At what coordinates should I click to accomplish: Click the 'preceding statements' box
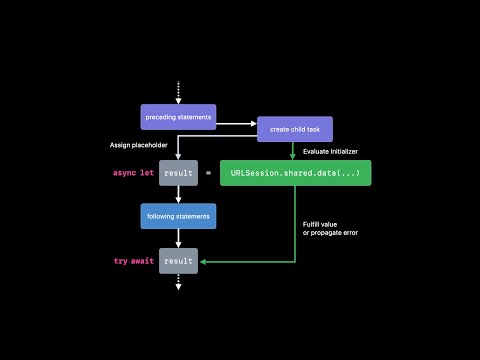[x=178, y=117]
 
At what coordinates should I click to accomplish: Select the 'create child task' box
[x=294, y=129]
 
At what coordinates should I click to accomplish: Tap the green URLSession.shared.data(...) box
[x=295, y=173]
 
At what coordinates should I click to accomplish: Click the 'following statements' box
[x=178, y=215]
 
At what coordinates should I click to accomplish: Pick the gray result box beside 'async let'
[x=178, y=173]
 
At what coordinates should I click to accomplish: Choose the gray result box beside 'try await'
[x=178, y=261]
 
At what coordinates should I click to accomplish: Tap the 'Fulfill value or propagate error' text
[x=329, y=227]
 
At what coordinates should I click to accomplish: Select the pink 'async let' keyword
[x=133, y=173]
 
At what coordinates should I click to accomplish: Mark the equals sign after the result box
[x=208, y=173]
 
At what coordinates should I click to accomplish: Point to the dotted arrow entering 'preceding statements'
[x=178, y=92]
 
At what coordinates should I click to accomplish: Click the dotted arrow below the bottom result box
[x=178, y=283]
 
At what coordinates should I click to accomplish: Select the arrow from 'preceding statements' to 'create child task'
[x=237, y=124]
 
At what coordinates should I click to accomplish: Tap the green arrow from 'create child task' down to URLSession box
[x=294, y=150]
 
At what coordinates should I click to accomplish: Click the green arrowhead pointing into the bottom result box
[x=203, y=261]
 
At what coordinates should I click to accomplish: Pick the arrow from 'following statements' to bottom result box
[x=178, y=238]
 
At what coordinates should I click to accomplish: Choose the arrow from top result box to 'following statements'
[x=178, y=194]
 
